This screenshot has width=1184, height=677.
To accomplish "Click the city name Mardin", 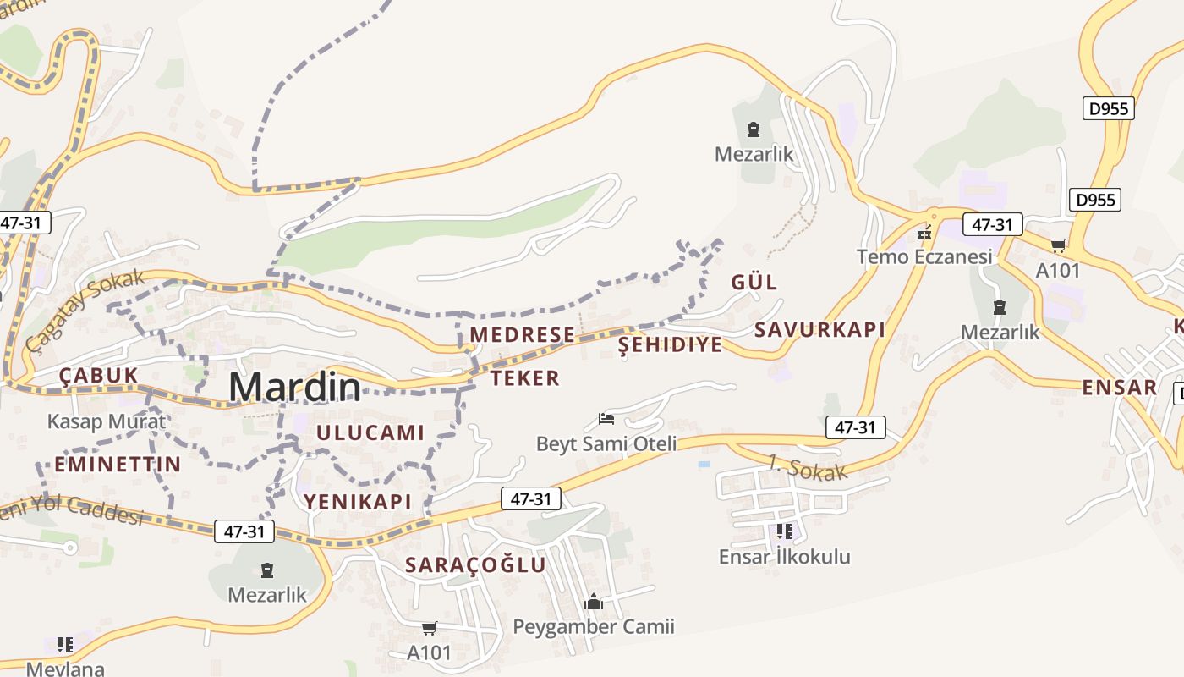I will (x=294, y=387).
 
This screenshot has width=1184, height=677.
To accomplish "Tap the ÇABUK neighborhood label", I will (x=98, y=376).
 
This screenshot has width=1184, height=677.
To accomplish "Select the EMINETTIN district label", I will (x=118, y=464).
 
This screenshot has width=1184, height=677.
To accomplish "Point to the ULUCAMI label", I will (x=370, y=432).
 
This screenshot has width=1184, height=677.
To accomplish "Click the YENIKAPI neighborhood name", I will (x=358, y=501).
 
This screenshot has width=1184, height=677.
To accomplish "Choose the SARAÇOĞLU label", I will (x=475, y=564).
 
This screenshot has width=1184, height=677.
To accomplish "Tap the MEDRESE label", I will (x=522, y=334).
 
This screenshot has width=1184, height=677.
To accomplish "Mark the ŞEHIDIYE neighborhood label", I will (x=671, y=344).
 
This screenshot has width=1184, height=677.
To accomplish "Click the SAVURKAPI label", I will (x=819, y=329).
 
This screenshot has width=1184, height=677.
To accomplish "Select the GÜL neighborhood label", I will (x=754, y=282).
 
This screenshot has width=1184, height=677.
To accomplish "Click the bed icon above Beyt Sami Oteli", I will (x=606, y=418).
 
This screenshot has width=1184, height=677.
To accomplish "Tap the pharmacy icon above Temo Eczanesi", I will (x=924, y=232).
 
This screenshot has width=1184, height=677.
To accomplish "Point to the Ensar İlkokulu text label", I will (x=784, y=556).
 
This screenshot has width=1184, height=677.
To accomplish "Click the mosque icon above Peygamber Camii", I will (x=594, y=602).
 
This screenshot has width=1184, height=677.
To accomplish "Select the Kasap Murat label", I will (x=107, y=421).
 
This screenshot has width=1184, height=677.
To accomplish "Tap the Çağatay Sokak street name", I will (x=85, y=311).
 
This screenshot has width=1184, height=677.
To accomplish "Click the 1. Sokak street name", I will (x=807, y=468).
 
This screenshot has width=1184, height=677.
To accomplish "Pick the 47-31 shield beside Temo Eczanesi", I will (x=992, y=224).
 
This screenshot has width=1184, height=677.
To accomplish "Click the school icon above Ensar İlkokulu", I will (x=784, y=531).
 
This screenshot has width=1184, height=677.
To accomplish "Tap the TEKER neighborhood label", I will (x=525, y=377).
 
